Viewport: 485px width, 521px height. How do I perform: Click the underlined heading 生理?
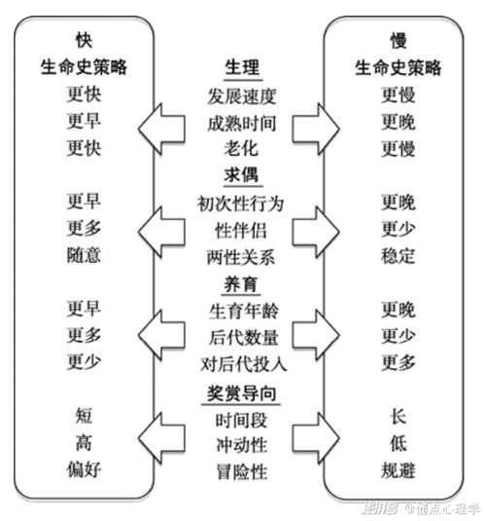(x=242, y=67)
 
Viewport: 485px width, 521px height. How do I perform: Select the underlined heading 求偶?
(x=241, y=174)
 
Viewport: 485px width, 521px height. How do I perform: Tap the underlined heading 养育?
(x=241, y=284)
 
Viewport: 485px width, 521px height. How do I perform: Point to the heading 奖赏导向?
(x=241, y=393)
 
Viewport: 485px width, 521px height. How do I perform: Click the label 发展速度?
(x=242, y=96)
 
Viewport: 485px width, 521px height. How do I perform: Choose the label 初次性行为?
(x=240, y=204)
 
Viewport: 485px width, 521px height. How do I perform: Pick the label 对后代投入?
(x=244, y=364)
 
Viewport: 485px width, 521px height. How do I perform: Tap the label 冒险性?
(x=241, y=472)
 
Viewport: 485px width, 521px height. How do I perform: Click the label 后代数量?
(x=244, y=337)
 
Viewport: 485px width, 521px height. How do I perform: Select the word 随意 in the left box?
(x=84, y=255)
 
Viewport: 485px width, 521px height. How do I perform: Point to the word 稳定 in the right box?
(x=398, y=256)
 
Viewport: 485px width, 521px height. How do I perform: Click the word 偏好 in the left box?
(x=84, y=469)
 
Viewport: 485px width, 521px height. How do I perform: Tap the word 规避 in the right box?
(x=398, y=470)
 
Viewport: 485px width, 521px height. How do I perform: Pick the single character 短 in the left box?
(x=84, y=416)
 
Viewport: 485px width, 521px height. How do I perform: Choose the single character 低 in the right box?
(x=398, y=444)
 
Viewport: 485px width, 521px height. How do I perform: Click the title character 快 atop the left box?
(x=84, y=40)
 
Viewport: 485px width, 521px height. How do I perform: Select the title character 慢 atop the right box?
(x=398, y=41)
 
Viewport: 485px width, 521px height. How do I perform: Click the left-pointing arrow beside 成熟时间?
(x=161, y=129)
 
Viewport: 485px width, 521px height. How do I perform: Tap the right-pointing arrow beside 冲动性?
(x=316, y=438)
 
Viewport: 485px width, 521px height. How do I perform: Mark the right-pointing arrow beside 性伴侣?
(x=316, y=232)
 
